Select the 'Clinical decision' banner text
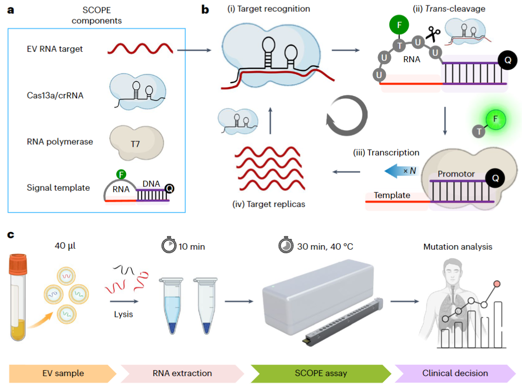(455, 373)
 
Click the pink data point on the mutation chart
(497, 283)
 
